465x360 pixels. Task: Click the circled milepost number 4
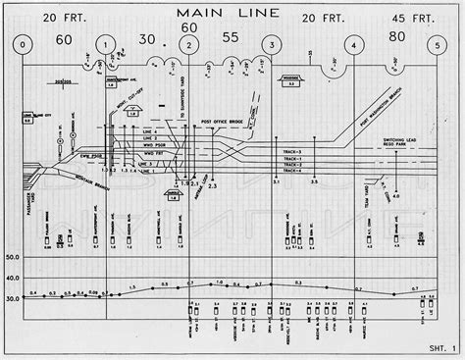tap(352, 45)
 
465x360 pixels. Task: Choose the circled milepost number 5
tap(436, 45)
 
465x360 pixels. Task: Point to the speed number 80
tap(396, 38)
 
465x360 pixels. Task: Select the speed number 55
tap(231, 38)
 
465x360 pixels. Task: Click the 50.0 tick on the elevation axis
tap(14, 257)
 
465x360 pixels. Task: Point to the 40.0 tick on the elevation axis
tap(14, 278)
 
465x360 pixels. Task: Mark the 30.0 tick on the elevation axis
tap(14, 297)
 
